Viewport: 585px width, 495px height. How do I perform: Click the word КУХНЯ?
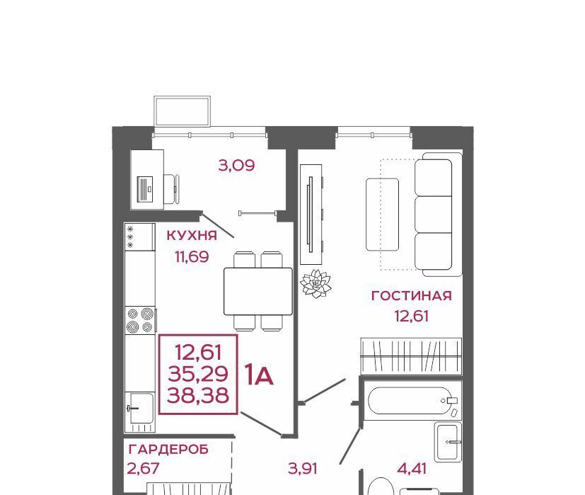click(x=192, y=235)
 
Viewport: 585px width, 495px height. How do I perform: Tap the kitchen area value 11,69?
click(x=192, y=256)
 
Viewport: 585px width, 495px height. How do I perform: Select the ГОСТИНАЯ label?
click(x=412, y=295)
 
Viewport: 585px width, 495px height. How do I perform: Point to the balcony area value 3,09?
click(x=236, y=165)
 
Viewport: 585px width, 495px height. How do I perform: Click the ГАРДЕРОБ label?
click(x=168, y=449)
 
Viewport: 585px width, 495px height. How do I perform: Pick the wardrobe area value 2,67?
click(x=144, y=468)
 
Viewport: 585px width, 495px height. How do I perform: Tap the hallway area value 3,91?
click(x=303, y=468)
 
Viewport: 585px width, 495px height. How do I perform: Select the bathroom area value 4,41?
click(x=412, y=468)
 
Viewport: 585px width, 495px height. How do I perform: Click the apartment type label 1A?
click(x=259, y=375)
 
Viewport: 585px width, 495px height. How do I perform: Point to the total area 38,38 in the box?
click(x=198, y=395)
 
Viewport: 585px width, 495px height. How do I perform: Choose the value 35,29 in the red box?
click(x=198, y=374)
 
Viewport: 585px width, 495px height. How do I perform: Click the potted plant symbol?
click(x=315, y=283)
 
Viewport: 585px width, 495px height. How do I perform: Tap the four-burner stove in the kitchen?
click(x=140, y=320)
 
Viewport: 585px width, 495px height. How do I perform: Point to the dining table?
click(x=258, y=291)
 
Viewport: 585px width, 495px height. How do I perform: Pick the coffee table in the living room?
click(x=383, y=215)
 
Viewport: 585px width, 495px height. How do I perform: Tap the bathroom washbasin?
click(x=448, y=441)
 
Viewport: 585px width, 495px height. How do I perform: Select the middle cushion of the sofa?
click(x=434, y=214)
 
